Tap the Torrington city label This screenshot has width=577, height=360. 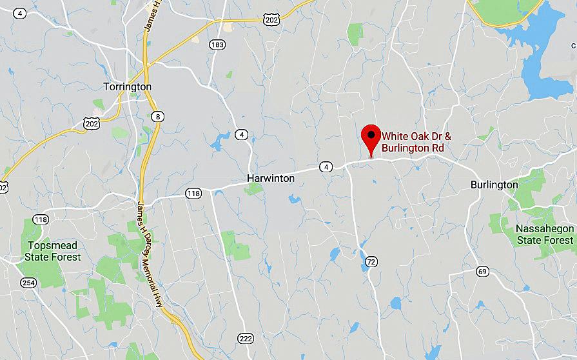click(128, 86)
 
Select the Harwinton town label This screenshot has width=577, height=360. click(271, 178)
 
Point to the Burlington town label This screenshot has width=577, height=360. click(494, 185)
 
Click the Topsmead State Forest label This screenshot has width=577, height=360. click(53, 251)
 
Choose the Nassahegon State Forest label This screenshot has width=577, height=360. click(544, 235)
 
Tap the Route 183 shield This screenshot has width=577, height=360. click(217, 43)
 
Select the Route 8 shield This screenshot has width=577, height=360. click(159, 116)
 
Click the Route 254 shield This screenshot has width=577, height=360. click(28, 283)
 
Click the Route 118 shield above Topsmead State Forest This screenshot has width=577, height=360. click(41, 219)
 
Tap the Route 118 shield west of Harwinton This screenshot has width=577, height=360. click(193, 193)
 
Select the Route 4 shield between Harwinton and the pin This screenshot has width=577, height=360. click(326, 167)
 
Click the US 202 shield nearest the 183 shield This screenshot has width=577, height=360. click(271, 21)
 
